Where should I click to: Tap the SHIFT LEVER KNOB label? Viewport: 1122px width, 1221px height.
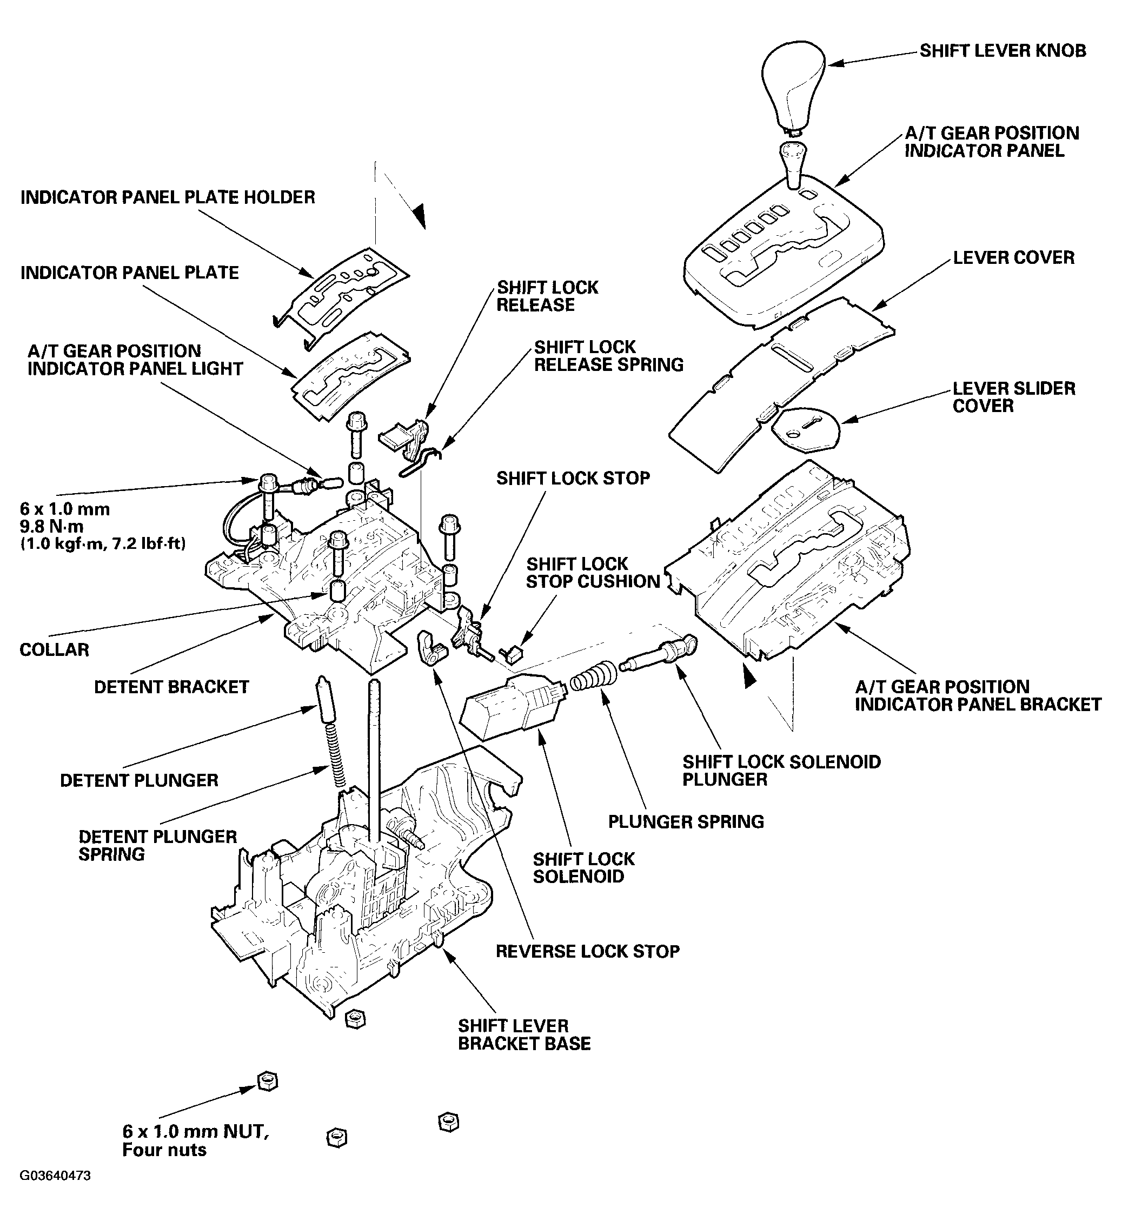click(x=1003, y=50)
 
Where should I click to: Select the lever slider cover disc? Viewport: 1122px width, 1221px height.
click(x=806, y=429)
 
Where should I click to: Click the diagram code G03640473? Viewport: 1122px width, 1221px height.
click(x=55, y=1192)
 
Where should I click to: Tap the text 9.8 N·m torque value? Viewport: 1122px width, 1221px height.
click(x=51, y=526)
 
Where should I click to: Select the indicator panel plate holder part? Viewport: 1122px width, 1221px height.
click(x=343, y=288)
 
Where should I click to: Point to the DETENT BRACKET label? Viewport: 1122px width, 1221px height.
click(x=171, y=687)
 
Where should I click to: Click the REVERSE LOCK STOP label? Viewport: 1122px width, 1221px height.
click(x=587, y=951)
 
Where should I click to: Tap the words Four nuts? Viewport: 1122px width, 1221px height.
click(x=164, y=1150)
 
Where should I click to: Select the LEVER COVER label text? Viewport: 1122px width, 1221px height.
click(x=1013, y=257)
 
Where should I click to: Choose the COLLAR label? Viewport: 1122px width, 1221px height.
click(x=54, y=649)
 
